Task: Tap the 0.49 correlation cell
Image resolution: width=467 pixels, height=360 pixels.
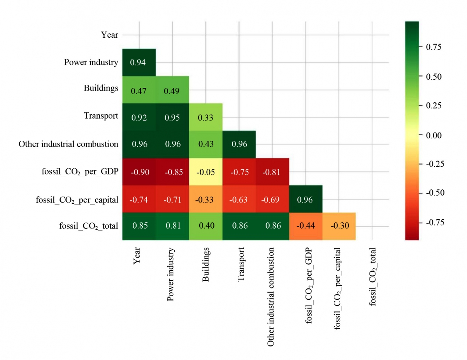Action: pos(172,90)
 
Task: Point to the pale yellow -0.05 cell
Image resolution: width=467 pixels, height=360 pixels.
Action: pos(205,172)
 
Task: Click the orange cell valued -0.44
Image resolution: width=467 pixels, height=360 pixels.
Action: pos(305,226)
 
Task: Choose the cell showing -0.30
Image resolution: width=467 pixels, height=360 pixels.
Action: pos(339,226)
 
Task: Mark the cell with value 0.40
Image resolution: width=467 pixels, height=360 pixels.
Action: pos(205,226)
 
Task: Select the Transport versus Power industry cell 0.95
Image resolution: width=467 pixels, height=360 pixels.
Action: pos(172,117)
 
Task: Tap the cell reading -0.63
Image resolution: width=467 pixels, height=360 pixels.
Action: pos(239,199)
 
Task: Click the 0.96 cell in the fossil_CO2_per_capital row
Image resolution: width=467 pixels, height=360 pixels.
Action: pos(305,199)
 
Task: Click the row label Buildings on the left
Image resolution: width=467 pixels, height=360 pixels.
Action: pos(101,88)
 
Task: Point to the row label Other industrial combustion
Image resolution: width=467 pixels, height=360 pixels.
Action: pos(68,144)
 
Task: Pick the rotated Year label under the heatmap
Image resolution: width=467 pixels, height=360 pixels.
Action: pos(137,257)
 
